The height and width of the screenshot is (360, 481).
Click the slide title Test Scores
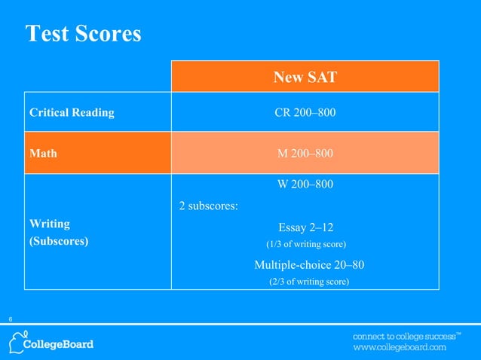point(83,35)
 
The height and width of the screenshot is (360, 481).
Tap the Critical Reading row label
point(72,113)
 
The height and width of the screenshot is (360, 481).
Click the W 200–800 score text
point(305,185)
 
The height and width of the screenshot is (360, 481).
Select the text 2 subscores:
point(209,204)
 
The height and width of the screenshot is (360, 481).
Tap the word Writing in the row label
point(49,224)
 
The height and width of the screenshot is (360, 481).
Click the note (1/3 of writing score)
point(307,244)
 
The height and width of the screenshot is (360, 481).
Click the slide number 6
point(11,321)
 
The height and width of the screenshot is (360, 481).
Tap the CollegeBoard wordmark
point(60,344)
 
